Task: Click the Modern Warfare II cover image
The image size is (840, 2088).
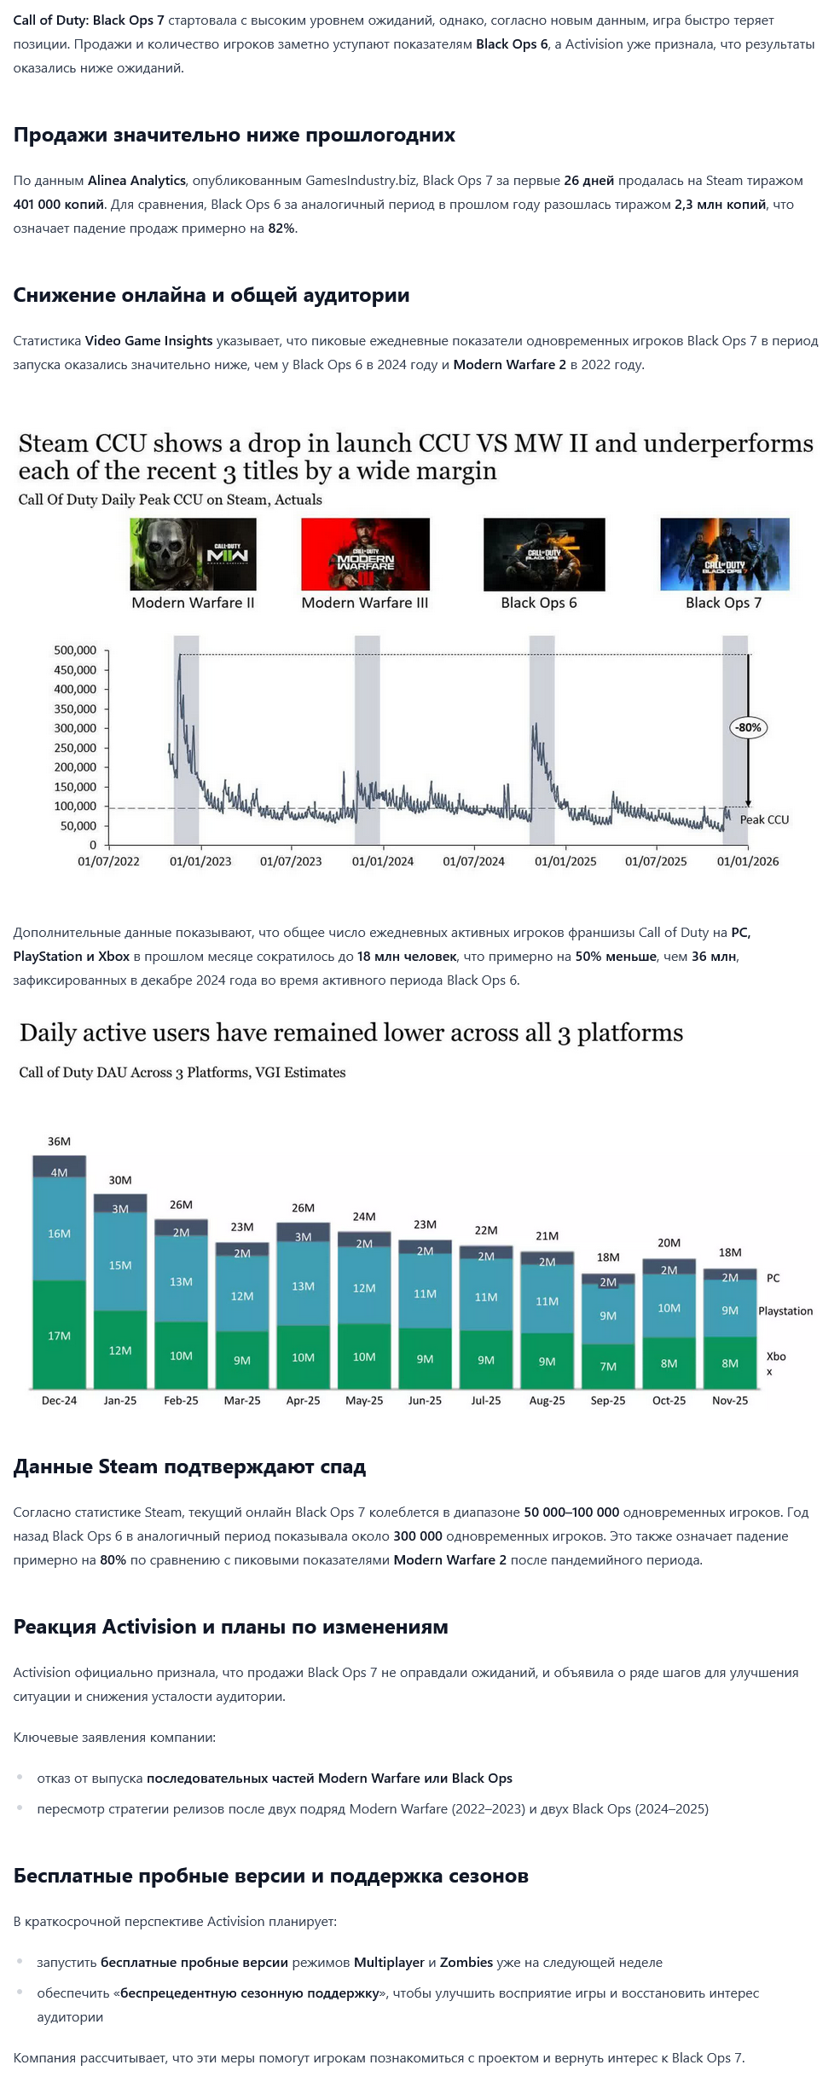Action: coord(193,554)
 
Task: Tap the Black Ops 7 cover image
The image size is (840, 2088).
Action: coord(724,554)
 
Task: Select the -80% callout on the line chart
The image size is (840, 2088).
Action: coord(748,727)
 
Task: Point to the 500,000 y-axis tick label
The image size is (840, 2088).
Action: coord(75,650)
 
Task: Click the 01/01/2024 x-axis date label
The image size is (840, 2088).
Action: coord(382,861)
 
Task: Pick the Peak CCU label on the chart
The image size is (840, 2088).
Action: coord(764,819)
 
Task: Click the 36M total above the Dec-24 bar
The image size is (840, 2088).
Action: coord(59,1142)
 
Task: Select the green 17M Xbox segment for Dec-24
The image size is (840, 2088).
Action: coord(59,1335)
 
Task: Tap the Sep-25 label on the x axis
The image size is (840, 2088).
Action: coord(607,1400)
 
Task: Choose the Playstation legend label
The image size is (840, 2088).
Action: coord(785,1310)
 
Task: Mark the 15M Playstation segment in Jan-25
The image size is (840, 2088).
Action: coord(120,1265)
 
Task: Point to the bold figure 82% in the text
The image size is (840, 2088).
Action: coord(281,228)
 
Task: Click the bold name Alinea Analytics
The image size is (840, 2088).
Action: coord(136,181)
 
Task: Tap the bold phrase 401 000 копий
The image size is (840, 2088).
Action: coord(59,205)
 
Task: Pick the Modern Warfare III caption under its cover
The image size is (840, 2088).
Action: coord(365,603)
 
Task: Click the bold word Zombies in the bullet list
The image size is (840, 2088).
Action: coord(466,1962)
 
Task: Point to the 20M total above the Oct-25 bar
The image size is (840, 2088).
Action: coord(669,1243)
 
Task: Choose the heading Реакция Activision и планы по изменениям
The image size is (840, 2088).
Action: coord(230,1627)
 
